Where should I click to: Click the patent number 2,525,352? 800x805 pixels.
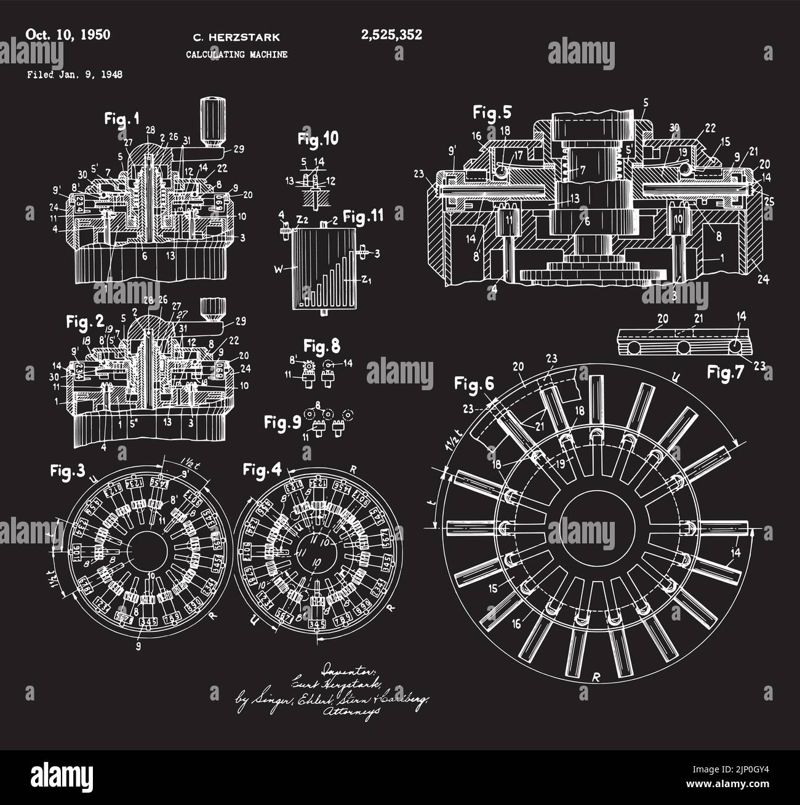pyautogui.click(x=391, y=35)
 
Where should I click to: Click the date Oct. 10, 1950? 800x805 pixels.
pyautogui.click(x=68, y=34)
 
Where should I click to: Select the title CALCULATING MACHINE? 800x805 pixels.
pyautogui.click(x=236, y=55)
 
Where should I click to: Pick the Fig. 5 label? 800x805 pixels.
pyautogui.click(x=492, y=112)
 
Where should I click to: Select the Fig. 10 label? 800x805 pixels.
pyautogui.click(x=318, y=138)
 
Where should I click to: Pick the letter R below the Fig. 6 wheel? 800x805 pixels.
pyautogui.click(x=595, y=677)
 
